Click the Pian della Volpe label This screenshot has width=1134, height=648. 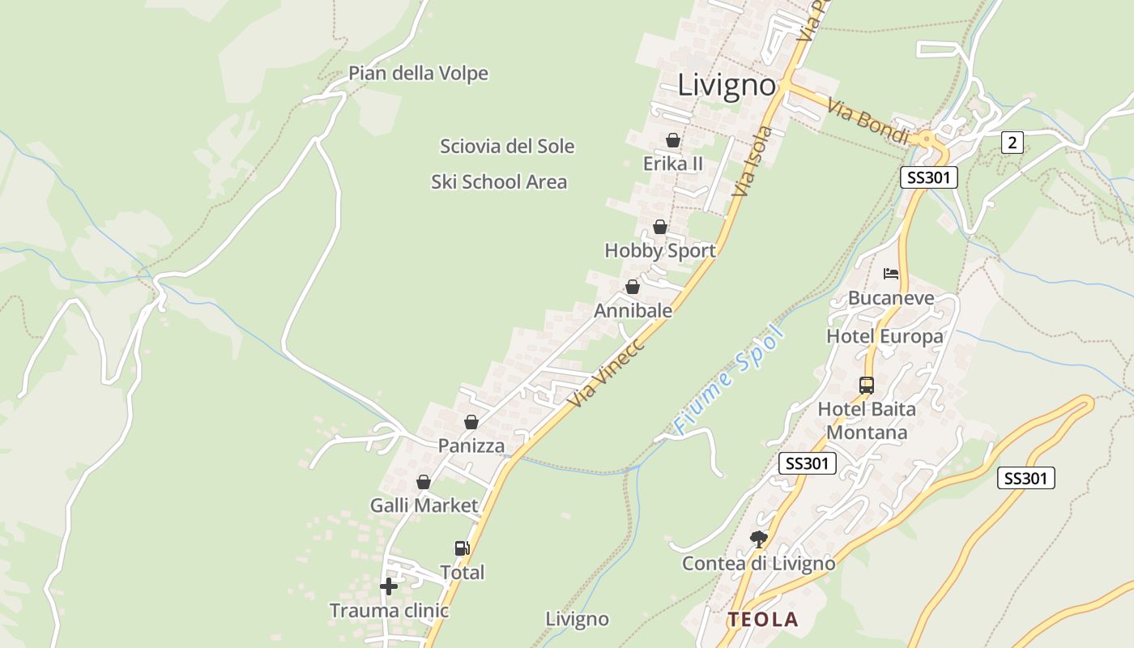pyautogui.click(x=418, y=74)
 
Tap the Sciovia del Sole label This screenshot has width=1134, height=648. pyautogui.click(x=507, y=147)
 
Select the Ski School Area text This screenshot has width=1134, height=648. pyautogui.click(x=499, y=182)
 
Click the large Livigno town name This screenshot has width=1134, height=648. pyautogui.click(x=727, y=85)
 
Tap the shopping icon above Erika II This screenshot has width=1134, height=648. pyautogui.click(x=672, y=141)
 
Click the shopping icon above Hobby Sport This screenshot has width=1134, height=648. pyautogui.click(x=660, y=228)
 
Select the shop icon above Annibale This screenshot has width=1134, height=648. pyautogui.click(x=633, y=288)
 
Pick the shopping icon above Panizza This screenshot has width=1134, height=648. pyautogui.click(x=471, y=423)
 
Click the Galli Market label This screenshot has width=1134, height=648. pyautogui.click(x=424, y=505)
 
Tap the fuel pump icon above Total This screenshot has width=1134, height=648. pyautogui.click(x=462, y=548)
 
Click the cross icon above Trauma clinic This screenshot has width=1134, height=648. pyautogui.click(x=389, y=586)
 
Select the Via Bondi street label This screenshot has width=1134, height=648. pyautogui.click(x=868, y=121)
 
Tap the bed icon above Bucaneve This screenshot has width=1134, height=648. pyautogui.click(x=891, y=274)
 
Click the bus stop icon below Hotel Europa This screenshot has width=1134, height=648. pyautogui.click(x=867, y=386)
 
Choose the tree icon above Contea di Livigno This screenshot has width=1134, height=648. pyautogui.click(x=759, y=539)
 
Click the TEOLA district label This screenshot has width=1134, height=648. pyautogui.click(x=762, y=620)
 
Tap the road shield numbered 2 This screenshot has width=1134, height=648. pyautogui.click(x=1012, y=143)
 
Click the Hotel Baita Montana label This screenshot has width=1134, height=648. pyautogui.click(x=867, y=420)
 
